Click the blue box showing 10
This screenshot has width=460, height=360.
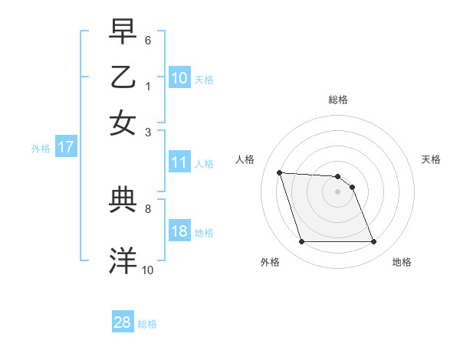tap(179, 78)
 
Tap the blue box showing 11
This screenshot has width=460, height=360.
tap(179, 162)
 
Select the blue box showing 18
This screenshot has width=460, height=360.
tap(179, 231)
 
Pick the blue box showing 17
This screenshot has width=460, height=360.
tap(65, 148)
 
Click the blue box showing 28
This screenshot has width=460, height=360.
tap(123, 322)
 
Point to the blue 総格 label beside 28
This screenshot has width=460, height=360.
tap(147, 324)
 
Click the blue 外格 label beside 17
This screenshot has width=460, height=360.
tap(40, 149)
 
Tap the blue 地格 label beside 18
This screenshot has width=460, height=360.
tap(204, 232)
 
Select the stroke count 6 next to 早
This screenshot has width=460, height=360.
tap(148, 39)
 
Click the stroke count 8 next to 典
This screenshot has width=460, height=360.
tap(148, 208)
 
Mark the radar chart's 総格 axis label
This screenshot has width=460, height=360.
tap(338, 100)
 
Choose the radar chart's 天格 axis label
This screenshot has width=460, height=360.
tap(431, 159)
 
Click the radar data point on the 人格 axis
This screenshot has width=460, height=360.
tap(280, 172)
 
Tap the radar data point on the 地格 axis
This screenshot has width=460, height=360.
tap(373, 242)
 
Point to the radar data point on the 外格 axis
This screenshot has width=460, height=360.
tap(301, 242)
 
